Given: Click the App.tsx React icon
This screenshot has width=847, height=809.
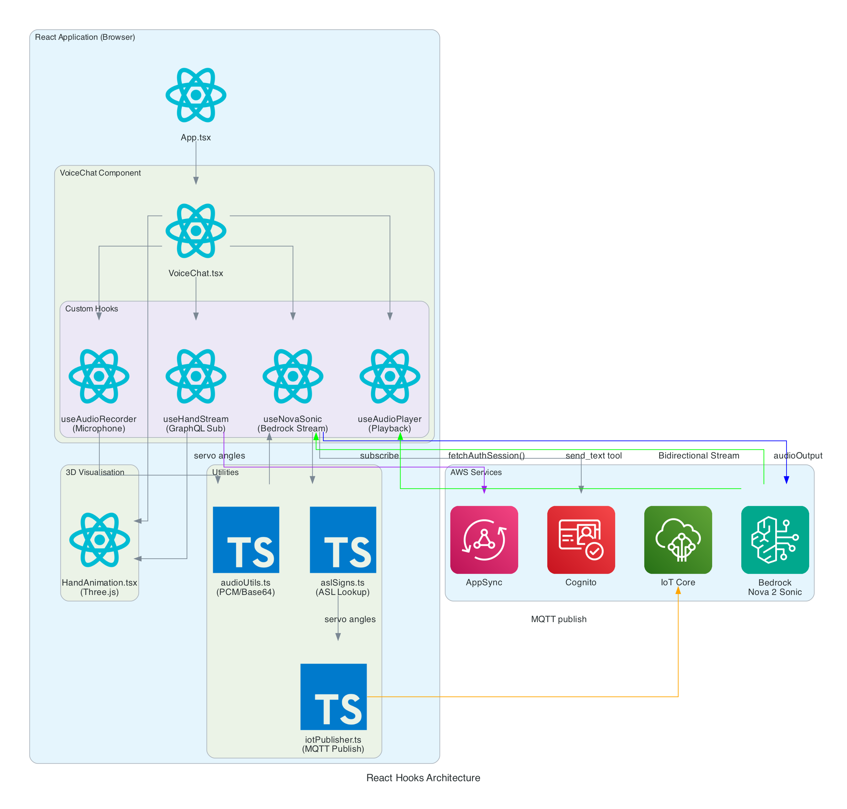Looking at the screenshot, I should pos(196,95).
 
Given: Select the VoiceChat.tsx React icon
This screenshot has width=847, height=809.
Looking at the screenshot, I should pos(196,231).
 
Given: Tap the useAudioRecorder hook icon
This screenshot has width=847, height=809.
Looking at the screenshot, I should pos(99,376).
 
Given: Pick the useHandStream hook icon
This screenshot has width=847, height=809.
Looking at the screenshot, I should pos(196,376).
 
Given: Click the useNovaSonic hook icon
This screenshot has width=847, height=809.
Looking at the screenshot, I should pos(293,376).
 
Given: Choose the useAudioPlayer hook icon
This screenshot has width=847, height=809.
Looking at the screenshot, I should pos(390,376).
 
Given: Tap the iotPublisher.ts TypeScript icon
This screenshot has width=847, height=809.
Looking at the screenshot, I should pos(333,696).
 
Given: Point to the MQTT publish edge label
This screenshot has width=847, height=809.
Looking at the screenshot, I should pos(558,619).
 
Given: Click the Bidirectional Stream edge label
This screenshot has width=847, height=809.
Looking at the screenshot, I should pos(698,456).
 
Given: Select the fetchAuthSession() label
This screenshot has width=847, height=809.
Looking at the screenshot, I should pos(486,456).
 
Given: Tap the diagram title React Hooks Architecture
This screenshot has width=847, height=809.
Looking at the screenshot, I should pos(423,778).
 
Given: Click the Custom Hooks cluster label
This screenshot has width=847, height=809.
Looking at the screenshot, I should pos(91,309).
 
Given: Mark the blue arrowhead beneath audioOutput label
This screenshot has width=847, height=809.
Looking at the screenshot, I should pos(786,480).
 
